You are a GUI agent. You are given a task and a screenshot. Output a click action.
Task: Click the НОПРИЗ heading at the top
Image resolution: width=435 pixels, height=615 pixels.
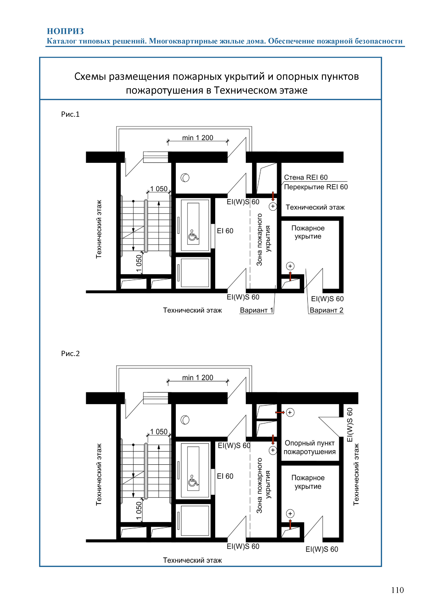[65, 31]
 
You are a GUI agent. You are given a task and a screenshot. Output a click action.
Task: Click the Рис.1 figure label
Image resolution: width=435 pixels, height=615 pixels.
[70, 114]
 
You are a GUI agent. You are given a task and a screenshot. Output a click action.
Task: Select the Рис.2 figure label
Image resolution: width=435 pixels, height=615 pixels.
[70, 354]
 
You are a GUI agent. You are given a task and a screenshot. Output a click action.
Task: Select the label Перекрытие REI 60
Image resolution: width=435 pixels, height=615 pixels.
[316, 187]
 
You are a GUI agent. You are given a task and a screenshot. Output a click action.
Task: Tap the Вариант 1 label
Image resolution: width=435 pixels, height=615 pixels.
[256, 310]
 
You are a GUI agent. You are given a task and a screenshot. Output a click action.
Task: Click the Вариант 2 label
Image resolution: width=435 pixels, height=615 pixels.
[326, 310]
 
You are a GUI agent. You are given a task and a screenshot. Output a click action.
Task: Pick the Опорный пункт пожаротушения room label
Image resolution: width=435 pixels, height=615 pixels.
[310, 447]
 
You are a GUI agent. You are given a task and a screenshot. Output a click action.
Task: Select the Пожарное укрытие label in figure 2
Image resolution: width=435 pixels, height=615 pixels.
[308, 482]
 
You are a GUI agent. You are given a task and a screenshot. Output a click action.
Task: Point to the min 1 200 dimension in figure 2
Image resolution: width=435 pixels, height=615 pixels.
[198, 377]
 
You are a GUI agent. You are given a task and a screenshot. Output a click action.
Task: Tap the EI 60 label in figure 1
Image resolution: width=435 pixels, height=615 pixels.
[225, 231]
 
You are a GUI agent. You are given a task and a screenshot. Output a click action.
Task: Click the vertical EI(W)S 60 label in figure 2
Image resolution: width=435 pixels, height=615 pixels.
[350, 425]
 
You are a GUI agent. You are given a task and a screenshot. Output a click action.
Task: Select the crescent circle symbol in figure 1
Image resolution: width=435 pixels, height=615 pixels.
[185, 178]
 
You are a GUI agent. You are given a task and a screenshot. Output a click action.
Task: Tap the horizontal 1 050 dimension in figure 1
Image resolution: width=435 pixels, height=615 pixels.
[159, 189]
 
